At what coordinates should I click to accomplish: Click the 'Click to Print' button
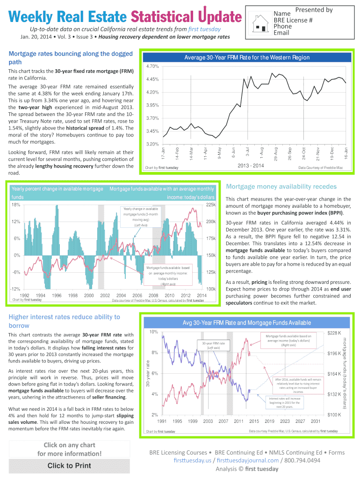(69, 465)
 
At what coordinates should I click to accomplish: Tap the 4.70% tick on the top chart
(153, 66)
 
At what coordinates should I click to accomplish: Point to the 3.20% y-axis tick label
(153, 144)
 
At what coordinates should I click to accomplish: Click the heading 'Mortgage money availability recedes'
(281, 187)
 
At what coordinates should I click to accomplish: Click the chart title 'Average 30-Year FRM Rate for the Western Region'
(247, 58)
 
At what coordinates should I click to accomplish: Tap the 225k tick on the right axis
(210, 205)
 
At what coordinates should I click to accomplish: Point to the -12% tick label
(14, 289)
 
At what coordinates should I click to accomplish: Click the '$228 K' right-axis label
(335, 333)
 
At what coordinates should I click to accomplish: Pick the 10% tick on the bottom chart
(154, 332)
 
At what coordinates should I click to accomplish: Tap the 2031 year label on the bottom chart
(316, 421)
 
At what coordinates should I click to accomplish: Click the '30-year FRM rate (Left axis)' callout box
(214, 345)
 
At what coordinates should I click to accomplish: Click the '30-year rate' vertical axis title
(148, 373)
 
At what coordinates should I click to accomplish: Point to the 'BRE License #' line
(293, 20)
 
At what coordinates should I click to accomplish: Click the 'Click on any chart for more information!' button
(69, 449)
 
